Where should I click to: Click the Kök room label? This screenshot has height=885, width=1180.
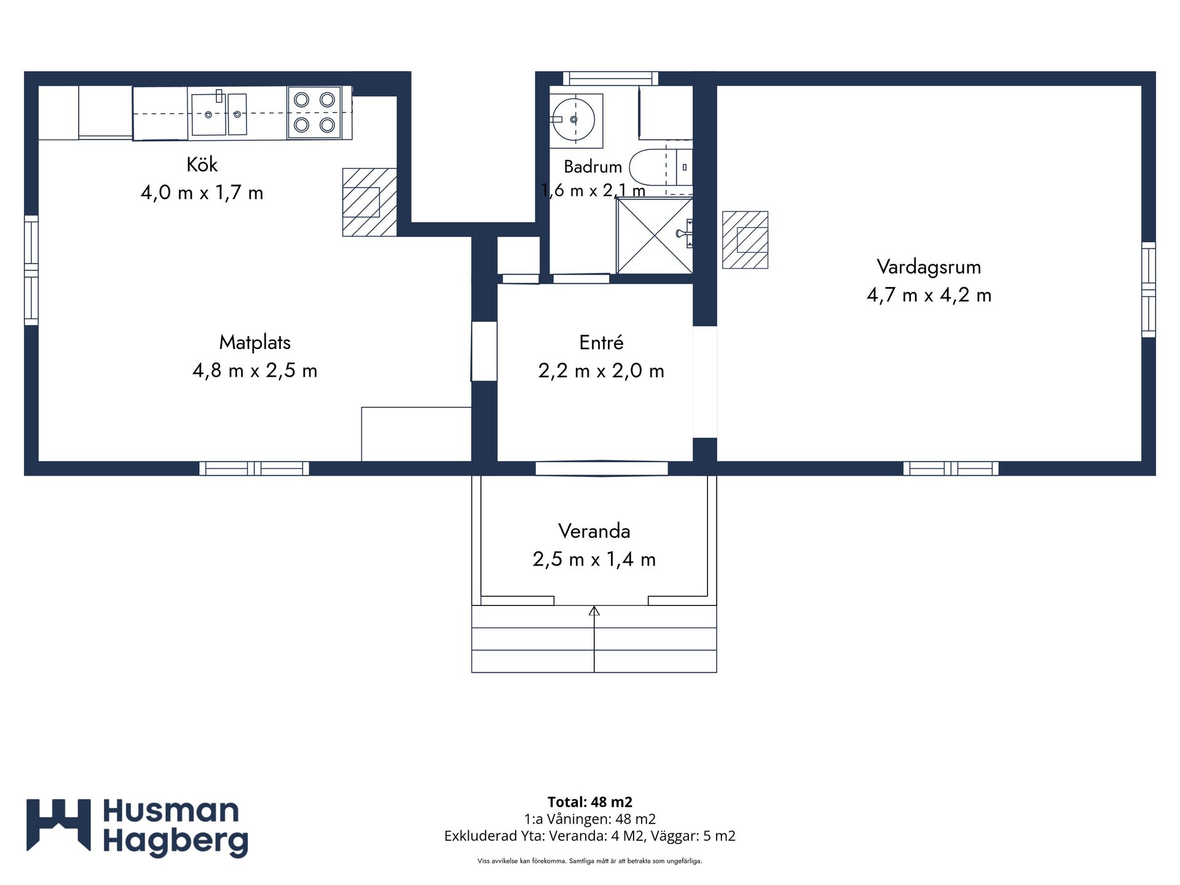pyautogui.click(x=202, y=165)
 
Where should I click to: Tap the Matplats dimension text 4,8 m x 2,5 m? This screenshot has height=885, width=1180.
pyautogui.click(x=255, y=371)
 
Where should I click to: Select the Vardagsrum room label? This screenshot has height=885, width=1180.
pyautogui.click(x=929, y=267)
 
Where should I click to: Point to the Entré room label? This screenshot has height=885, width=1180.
pyautogui.click(x=601, y=342)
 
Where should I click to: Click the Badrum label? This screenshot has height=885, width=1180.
pyautogui.click(x=593, y=167)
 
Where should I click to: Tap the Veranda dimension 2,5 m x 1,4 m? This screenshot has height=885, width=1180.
pyautogui.click(x=594, y=559)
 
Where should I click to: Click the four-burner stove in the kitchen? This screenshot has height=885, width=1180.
pyautogui.click(x=314, y=112)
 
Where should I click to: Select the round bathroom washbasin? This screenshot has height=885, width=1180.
pyautogui.click(x=573, y=119)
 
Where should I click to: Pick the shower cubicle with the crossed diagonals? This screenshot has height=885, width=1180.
pyautogui.click(x=655, y=235)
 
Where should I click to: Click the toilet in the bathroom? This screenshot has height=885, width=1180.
pyautogui.click(x=661, y=167)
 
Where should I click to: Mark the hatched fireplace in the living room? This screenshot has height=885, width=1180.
pyautogui.click(x=745, y=240)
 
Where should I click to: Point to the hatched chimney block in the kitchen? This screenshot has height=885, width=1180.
pyautogui.click(x=369, y=202)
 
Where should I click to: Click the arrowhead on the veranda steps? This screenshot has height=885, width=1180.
pyautogui.click(x=594, y=611)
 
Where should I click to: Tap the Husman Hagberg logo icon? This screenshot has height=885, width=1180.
pyautogui.click(x=58, y=825)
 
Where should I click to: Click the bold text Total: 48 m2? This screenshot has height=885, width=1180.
pyautogui.click(x=590, y=802)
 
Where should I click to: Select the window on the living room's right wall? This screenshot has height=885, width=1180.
pyautogui.click(x=1149, y=289)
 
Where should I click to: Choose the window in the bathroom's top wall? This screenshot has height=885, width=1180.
pyautogui.click(x=610, y=79)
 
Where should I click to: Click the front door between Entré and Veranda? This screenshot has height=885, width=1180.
pyautogui.click(x=602, y=468)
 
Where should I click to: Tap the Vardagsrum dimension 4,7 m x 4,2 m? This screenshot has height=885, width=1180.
pyautogui.click(x=929, y=295)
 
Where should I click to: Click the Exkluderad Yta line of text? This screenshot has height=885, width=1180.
pyautogui.click(x=590, y=836)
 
